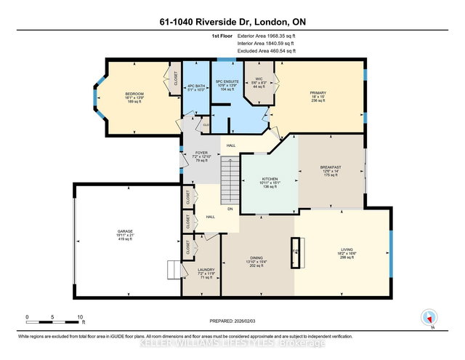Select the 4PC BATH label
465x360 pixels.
click(194, 86)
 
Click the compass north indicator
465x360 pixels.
click(429, 317)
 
